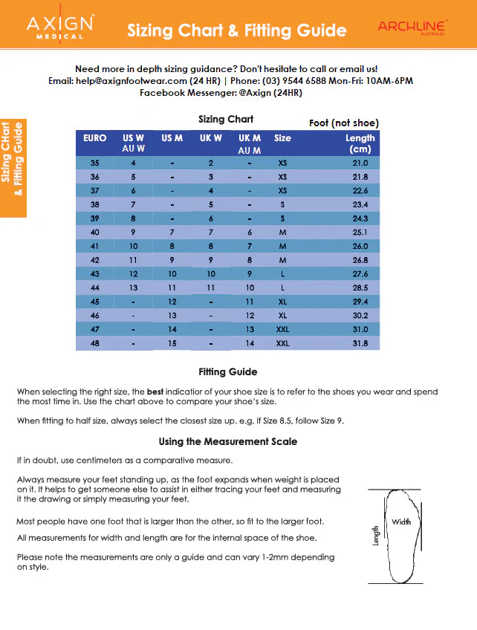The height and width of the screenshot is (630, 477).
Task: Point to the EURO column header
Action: click(94, 138)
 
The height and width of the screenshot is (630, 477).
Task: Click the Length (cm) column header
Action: click(360, 143)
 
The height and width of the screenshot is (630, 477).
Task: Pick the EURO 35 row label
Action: click(94, 163)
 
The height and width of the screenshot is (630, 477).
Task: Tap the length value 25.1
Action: click(360, 233)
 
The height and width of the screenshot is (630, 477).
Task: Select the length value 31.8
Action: click(360, 344)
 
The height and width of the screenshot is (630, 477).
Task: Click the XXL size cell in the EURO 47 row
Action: click(282, 330)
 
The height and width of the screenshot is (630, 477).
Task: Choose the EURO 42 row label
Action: click(94, 260)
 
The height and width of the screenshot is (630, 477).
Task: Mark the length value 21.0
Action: click(360, 163)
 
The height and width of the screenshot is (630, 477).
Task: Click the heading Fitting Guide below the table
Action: click(227, 371)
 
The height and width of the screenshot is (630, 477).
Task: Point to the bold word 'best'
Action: click(155, 392)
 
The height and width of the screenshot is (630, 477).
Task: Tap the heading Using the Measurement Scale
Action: click(227, 441)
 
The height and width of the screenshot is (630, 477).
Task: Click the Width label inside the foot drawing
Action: click(401, 522)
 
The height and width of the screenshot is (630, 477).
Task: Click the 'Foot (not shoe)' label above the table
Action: click(343, 123)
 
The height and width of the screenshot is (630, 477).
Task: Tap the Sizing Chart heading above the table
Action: click(226, 119)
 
